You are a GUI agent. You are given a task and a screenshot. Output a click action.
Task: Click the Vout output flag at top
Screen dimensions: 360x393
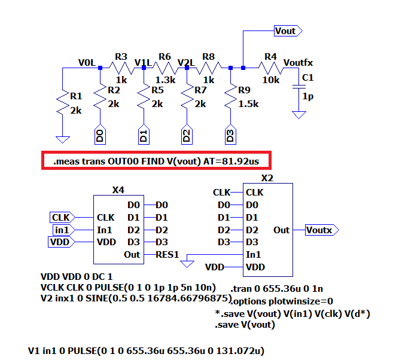287,31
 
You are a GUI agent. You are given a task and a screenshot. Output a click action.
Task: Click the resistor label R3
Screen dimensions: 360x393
121,57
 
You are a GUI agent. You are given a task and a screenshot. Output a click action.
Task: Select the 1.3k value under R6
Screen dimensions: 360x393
166,80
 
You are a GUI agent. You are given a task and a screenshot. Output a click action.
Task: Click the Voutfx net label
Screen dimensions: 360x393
298,62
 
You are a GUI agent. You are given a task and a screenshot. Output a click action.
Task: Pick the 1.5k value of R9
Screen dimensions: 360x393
248,103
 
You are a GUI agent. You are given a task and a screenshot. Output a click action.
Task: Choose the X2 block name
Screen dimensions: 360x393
267,178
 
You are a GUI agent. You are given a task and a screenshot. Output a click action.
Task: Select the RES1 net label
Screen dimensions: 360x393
168,255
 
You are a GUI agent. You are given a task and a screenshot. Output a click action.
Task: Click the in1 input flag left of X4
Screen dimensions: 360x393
61,230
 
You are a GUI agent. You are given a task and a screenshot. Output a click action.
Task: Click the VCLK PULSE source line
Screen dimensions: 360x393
128,288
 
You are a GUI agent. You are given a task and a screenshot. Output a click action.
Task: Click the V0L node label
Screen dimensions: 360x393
87,62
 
